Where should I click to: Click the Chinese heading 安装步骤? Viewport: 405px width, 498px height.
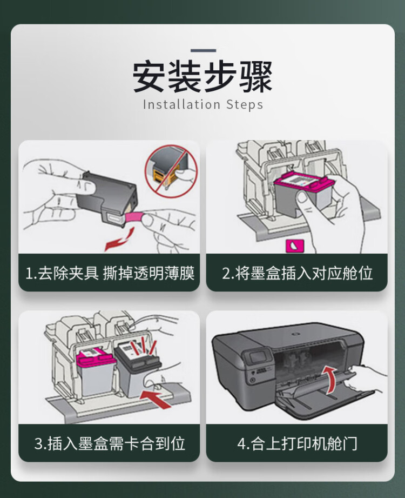[x=202, y=77]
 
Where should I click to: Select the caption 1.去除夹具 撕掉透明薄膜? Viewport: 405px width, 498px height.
[x=110, y=273]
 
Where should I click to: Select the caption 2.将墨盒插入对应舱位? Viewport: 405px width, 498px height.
[x=297, y=273]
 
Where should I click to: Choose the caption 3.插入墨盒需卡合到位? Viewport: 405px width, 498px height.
[x=110, y=444]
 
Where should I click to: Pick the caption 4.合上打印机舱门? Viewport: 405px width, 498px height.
[x=297, y=444]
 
